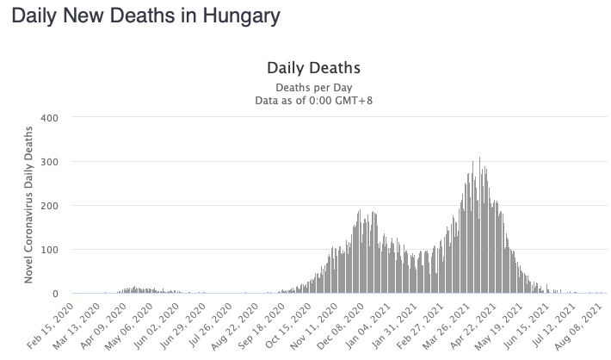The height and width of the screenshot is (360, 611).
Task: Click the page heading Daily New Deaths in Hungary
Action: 145,16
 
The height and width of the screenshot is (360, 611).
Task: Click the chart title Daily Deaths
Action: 312,67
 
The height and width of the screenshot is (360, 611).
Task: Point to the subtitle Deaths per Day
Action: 312,87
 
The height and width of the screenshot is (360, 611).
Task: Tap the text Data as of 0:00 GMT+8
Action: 312,100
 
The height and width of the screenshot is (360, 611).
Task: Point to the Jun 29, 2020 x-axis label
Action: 204,325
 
